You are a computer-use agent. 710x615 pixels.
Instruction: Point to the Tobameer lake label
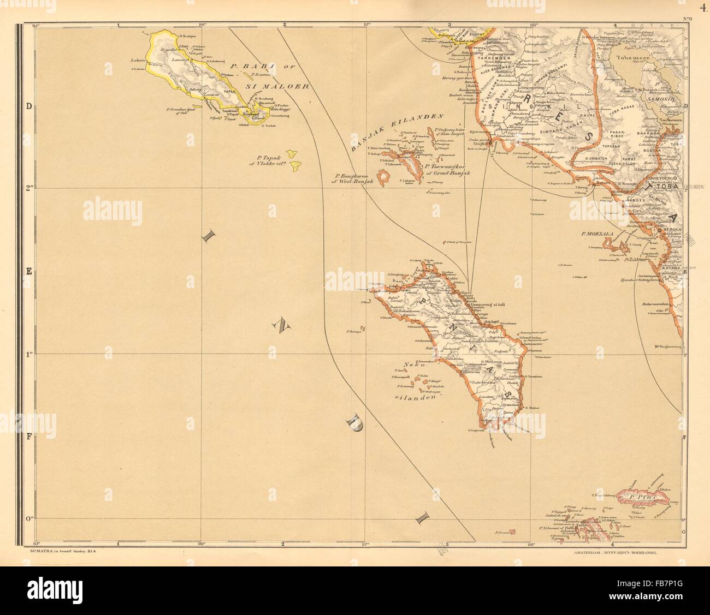pos(632,56)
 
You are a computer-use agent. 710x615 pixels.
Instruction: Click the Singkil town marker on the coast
pos(489,144)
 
